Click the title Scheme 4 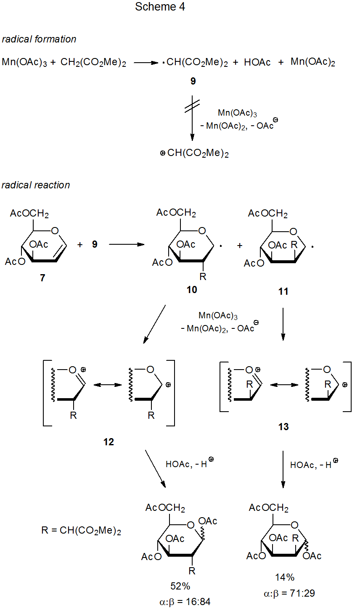pos(160,7)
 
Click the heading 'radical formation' pos(39,39)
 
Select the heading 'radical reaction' pos(36,185)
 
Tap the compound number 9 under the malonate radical pos(193,81)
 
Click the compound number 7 pos(42,278)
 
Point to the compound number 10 pos(192,290)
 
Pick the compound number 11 pos(283,291)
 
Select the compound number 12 pos(109,442)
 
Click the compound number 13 pos(283,427)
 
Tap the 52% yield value pos(180,586)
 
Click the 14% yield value pos(285,577)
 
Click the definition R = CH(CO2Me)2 pos(81,531)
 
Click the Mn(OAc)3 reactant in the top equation pos(24,63)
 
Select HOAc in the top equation pos(257,63)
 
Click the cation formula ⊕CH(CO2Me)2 pos(195,153)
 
